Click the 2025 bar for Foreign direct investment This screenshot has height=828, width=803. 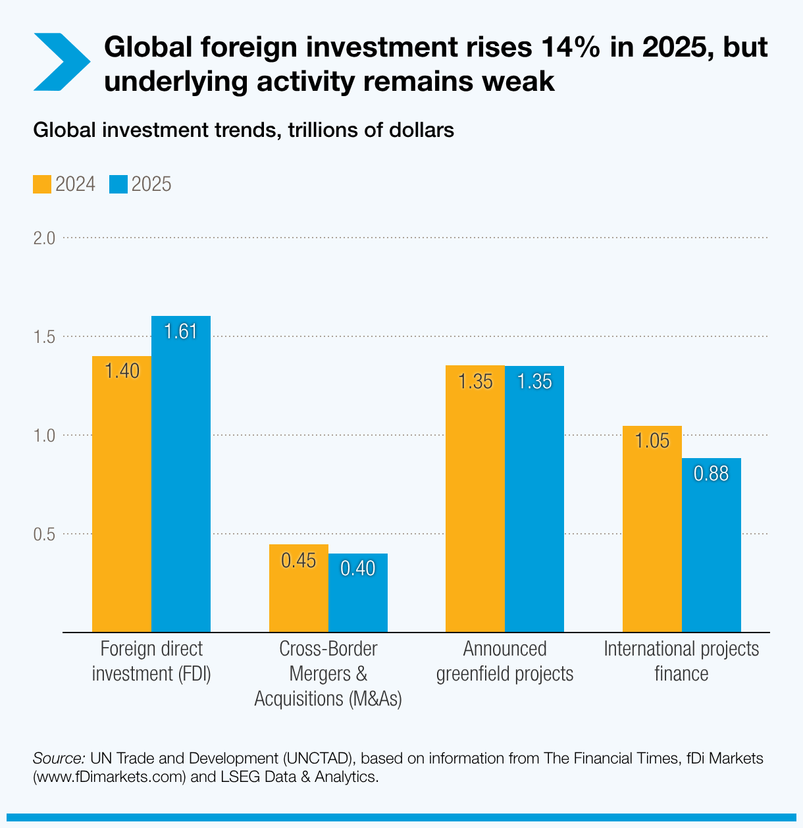click(181, 474)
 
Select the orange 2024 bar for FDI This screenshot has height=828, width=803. click(122, 494)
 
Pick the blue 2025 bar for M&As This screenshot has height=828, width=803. click(358, 592)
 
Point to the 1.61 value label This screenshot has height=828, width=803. click(181, 332)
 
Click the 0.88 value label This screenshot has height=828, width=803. click(712, 474)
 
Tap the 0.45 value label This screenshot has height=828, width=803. click(299, 561)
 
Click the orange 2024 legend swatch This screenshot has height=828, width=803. click(42, 184)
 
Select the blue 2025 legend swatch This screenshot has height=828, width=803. click(118, 184)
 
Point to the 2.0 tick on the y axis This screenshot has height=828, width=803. click(44, 238)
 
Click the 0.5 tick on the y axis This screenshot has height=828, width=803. click(44, 534)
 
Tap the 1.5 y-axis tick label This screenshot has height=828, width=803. click(44, 337)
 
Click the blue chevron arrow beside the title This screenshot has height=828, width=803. click(61, 63)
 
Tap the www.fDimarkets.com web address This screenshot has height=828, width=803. click(109, 777)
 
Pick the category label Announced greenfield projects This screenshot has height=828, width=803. click(505, 661)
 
